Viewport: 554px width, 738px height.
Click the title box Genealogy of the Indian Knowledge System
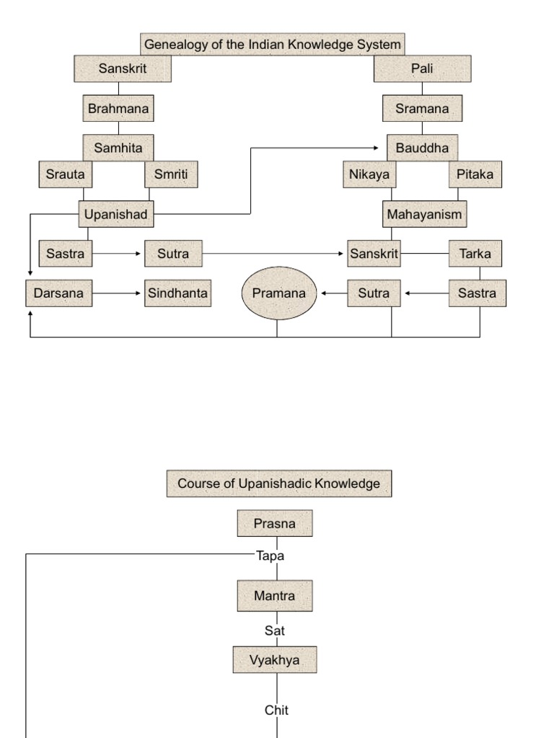pos(272,44)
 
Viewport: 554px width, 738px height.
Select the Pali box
pos(422,69)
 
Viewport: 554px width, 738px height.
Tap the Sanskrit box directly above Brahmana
pos(123,69)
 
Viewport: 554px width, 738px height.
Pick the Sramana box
pos(422,109)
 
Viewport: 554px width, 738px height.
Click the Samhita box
pos(118,148)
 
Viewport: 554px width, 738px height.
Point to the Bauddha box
pos(422,148)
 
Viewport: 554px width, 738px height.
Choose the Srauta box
pos(65,174)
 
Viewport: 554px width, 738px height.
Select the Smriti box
pos(171,174)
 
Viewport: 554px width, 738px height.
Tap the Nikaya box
pos(369,174)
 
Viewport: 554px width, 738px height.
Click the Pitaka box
pos(475,174)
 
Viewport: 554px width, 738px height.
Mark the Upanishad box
pos(115,214)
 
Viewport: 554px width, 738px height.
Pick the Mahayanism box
pos(424,214)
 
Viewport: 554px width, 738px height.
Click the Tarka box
pos(475,254)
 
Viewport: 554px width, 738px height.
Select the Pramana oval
pos(278,293)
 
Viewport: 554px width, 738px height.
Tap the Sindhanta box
pos(177,293)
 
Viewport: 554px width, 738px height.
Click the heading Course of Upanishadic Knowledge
pos(278,484)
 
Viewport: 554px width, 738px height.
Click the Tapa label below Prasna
pos(270,556)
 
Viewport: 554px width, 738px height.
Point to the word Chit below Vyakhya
pos(276,710)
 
